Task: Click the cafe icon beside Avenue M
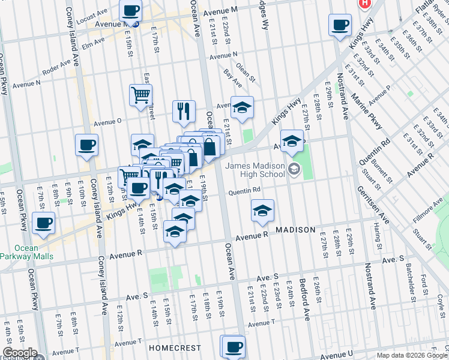[130, 10]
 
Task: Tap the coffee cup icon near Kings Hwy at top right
[340, 25]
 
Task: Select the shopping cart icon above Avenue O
[140, 94]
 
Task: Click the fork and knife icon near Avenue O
[182, 110]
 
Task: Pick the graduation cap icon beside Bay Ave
[243, 107]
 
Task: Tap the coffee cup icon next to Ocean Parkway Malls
[43, 223]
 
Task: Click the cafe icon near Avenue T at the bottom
[234, 346]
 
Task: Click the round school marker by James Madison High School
[294, 169]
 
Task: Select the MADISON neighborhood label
[295, 230]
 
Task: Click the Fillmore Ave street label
[427, 211]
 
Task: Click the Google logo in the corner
[19, 353]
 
